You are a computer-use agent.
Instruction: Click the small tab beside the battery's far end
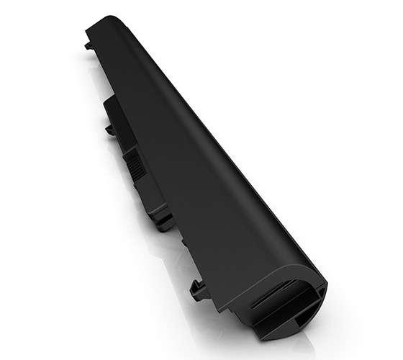[88, 45]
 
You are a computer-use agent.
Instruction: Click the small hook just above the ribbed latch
[110, 130]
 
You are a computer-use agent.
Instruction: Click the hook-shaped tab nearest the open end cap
[198, 289]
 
